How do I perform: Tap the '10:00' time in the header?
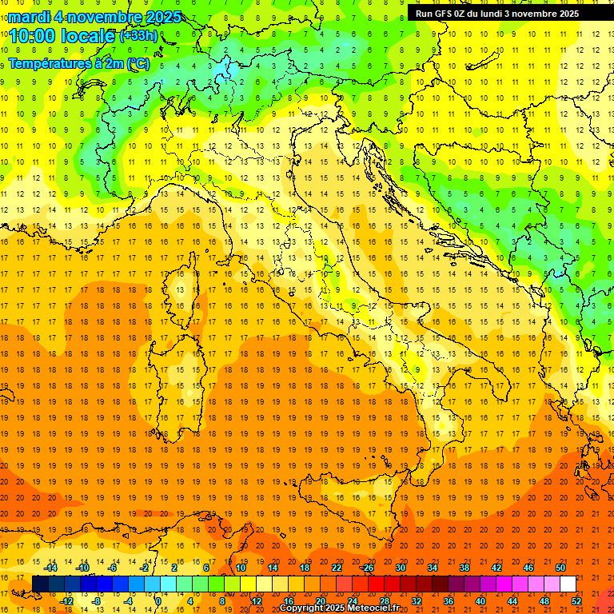click(x=36, y=36)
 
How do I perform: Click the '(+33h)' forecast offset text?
click(x=138, y=36)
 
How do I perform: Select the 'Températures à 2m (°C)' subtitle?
click(x=79, y=63)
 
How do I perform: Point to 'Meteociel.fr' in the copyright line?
click(x=373, y=608)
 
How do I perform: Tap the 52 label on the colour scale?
click(x=576, y=600)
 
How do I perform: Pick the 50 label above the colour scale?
click(x=560, y=568)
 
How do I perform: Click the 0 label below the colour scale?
click(x=158, y=600)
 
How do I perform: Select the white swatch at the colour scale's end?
click(x=568, y=584)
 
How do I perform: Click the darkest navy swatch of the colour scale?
click(x=40, y=584)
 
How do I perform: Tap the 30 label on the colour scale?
click(x=401, y=568)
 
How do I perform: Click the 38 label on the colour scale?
click(x=464, y=568)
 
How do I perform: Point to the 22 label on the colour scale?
click(x=337, y=568)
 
